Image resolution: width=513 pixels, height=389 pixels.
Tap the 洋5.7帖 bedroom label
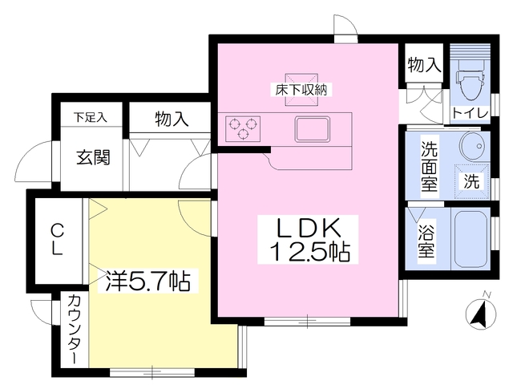[147, 281]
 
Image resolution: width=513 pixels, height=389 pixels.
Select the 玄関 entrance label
[93, 157]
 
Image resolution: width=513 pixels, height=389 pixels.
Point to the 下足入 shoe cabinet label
[90, 117]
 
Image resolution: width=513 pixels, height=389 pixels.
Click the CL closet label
[57, 239]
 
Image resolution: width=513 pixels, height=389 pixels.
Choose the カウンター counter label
[75, 329]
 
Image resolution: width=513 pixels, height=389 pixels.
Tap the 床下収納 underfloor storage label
[301, 89]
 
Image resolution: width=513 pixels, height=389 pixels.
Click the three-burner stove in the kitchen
[242, 128]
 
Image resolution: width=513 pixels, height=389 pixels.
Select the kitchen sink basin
[312, 129]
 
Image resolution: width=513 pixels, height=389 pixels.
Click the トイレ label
[471, 113]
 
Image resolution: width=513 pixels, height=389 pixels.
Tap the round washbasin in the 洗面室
[474, 146]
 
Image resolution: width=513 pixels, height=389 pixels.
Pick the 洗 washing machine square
[471, 181]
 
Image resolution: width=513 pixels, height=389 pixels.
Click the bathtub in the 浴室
[471, 239]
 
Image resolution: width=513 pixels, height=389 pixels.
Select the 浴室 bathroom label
[426, 242]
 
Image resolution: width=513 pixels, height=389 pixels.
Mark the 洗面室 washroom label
[429, 166]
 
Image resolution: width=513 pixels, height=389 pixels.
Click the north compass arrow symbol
[481, 314]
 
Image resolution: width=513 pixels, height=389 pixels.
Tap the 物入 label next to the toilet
[424, 64]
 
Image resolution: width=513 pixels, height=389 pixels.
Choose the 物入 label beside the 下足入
[172, 119]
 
